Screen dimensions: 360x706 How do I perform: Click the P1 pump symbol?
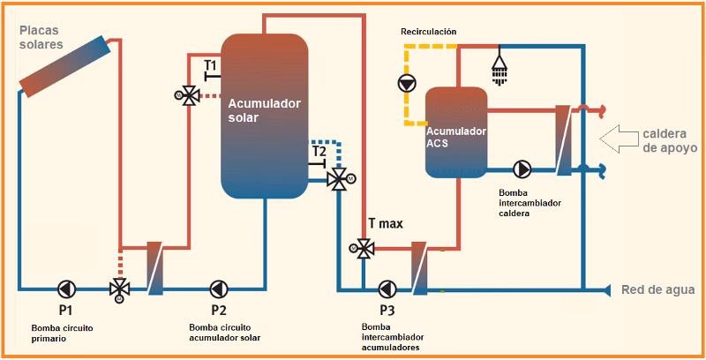pos(66,289)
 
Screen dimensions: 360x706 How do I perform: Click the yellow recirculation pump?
pos(407,84)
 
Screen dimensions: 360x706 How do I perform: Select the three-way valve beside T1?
pos(187,96)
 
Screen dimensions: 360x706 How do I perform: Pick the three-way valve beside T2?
pos(337,180)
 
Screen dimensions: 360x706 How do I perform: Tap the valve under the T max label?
pos(361,248)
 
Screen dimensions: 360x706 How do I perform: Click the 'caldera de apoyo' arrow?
pos(617,138)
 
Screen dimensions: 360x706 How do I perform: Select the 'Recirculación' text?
pos(428,32)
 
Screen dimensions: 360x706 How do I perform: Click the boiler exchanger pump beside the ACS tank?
pos(522,168)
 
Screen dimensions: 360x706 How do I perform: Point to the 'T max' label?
pos(386,223)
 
